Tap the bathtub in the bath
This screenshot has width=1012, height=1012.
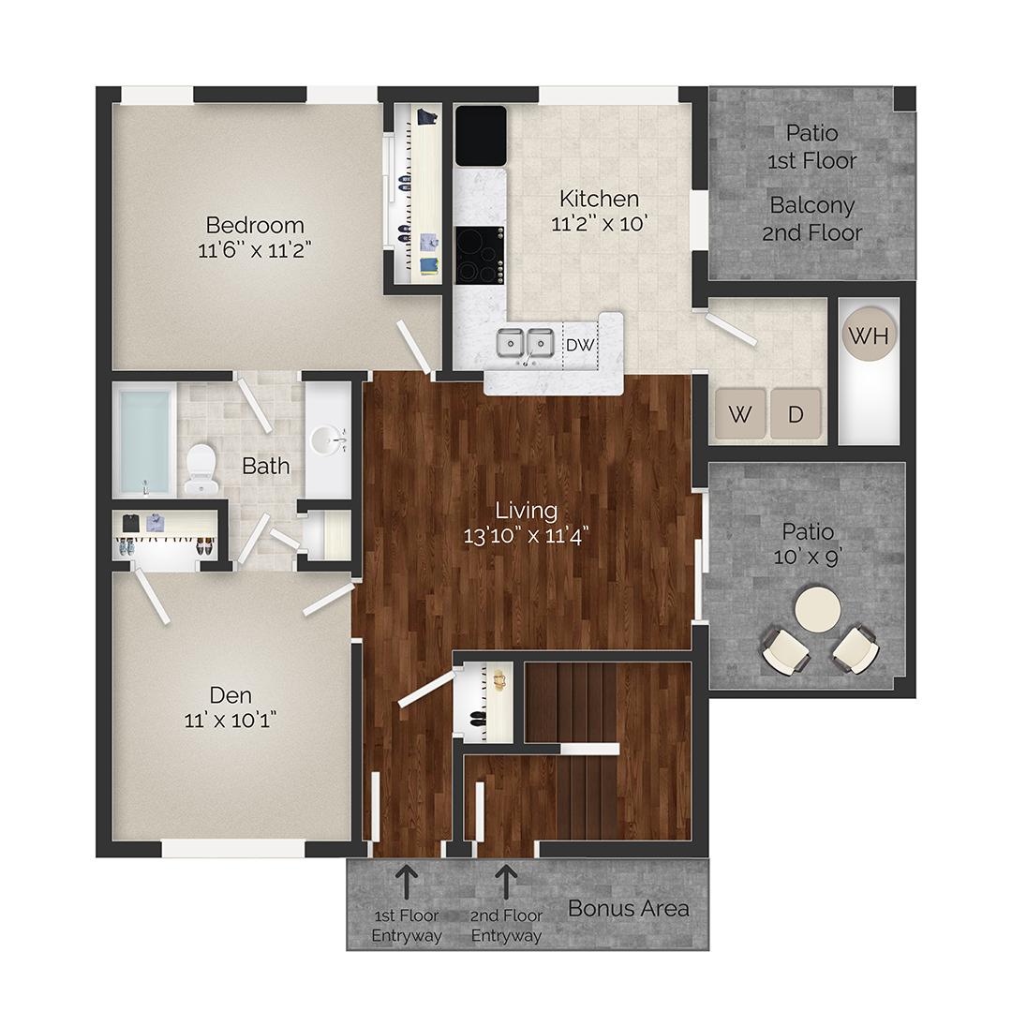point(145,441)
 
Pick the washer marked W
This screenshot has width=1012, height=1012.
point(739,414)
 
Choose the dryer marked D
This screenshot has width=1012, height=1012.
point(796,414)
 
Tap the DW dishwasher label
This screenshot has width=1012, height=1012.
point(580,345)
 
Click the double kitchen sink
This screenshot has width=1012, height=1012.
point(525,344)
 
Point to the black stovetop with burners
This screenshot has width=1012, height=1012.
point(480,255)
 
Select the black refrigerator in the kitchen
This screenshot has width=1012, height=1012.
point(481,135)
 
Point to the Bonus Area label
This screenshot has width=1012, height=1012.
point(629,907)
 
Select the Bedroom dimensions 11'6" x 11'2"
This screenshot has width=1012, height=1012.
point(255,249)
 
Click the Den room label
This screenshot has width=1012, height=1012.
point(231,695)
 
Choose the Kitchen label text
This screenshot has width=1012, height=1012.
point(600,199)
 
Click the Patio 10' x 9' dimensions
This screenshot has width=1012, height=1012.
point(808,557)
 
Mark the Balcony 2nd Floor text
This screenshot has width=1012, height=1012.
point(811,218)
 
